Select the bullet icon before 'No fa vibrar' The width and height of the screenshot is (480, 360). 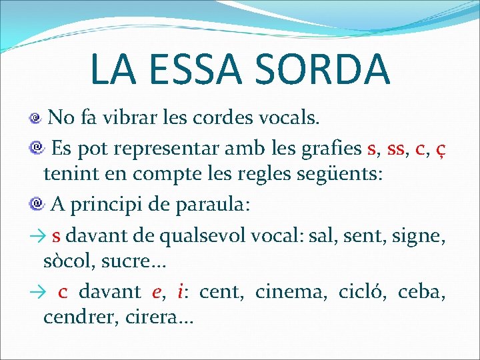click(x=36, y=119)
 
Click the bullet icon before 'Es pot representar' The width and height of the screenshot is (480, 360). click(x=36, y=147)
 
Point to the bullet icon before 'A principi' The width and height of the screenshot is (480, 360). click(x=36, y=205)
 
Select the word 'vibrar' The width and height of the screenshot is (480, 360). click(x=141, y=118)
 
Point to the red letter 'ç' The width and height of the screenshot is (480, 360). click(x=441, y=148)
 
